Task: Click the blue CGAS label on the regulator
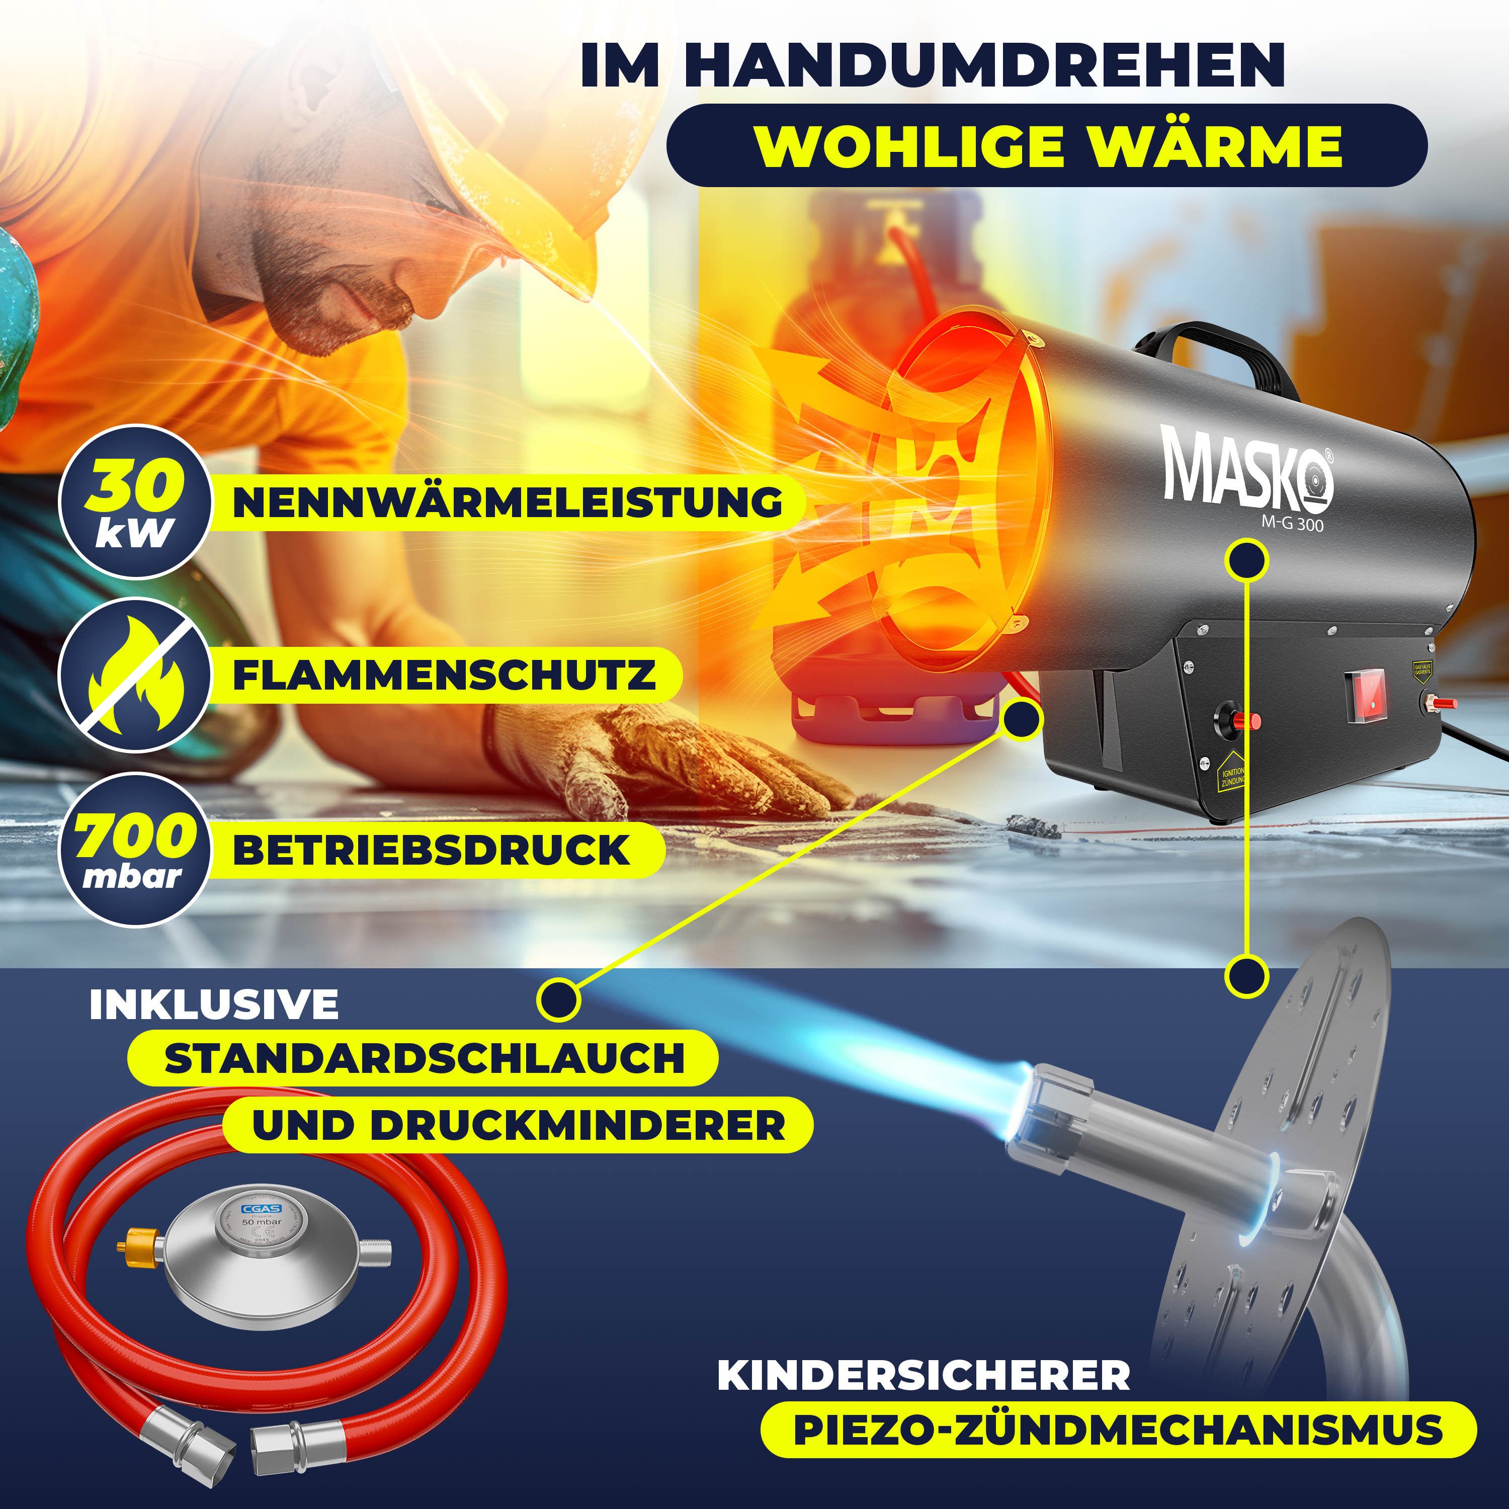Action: click(x=261, y=1210)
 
